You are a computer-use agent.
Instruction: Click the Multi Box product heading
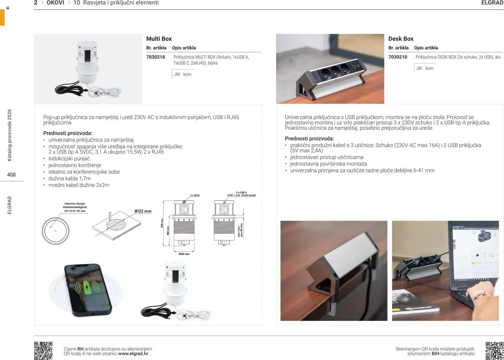[159, 39]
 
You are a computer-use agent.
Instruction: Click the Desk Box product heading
[401, 39]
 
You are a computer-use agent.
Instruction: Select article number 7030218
[155, 57]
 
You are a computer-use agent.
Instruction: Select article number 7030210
[397, 57]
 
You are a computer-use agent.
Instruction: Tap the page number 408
[11, 175]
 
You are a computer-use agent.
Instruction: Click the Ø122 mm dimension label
[143, 211]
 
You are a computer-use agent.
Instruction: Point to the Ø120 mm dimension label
[184, 254]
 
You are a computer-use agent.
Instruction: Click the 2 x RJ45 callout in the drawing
[194, 195]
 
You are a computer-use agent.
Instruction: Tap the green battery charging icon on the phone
[87, 287]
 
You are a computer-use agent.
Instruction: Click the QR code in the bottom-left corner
[43, 351]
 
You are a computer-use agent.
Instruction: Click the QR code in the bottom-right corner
[494, 351]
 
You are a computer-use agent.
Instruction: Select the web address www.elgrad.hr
[133, 354]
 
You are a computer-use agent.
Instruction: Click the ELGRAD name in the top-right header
[492, 3]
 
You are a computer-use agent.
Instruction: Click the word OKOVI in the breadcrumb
[55, 3]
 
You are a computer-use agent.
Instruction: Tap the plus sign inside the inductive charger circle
[56, 231]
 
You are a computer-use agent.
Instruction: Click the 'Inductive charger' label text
[75, 204]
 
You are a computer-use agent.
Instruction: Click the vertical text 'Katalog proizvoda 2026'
[9, 135]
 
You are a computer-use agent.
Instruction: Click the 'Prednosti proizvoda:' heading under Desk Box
[309, 139]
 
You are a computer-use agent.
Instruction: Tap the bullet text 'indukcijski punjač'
[69, 159]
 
